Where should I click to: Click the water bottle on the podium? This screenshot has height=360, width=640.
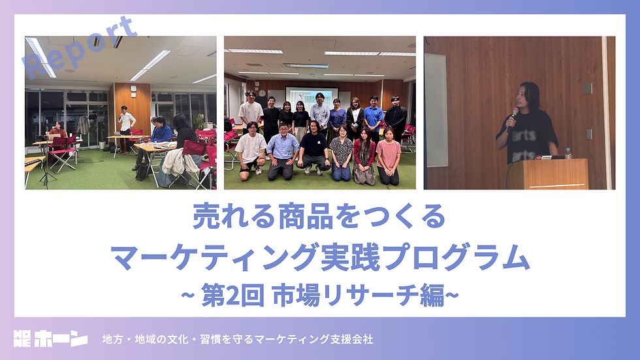(568, 154)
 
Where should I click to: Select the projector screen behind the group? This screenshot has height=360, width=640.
(312, 97)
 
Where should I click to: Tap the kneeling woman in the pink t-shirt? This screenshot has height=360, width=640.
(389, 155)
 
